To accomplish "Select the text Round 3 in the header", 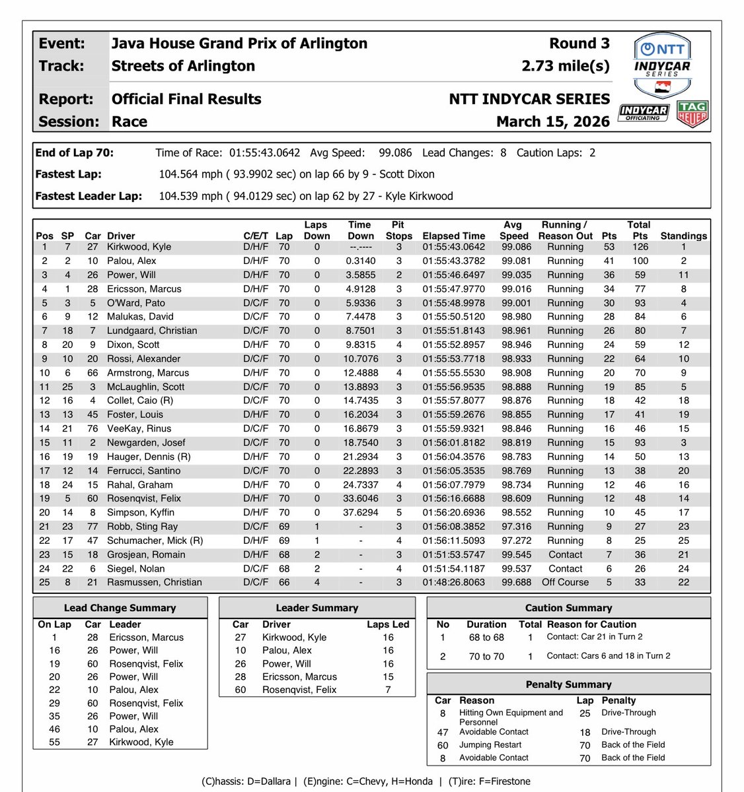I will [x=579, y=44].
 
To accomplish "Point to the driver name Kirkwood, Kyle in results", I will [x=139, y=247].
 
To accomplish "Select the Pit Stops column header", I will [x=398, y=230].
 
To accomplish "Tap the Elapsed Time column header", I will [x=453, y=236].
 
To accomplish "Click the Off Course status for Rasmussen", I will [x=565, y=582].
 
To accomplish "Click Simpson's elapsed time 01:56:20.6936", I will [x=453, y=512].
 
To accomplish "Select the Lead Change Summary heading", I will [x=120, y=608].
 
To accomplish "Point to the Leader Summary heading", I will [x=317, y=608].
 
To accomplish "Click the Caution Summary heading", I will [x=568, y=608].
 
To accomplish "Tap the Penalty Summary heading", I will [x=568, y=684].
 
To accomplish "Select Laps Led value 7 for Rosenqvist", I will [x=388, y=690].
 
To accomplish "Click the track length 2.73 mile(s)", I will [x=565, y=66].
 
